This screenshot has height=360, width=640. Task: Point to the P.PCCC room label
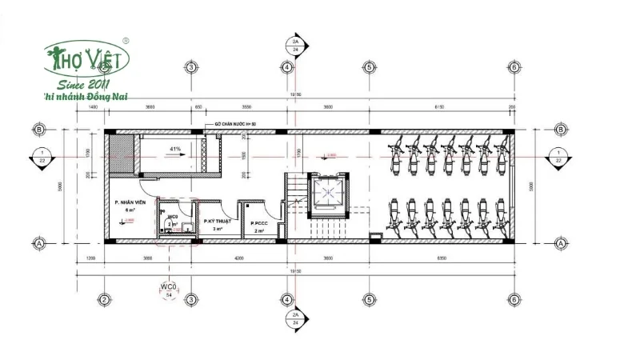click(x=258, y=223)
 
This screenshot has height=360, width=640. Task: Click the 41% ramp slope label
click(x=174, y=149)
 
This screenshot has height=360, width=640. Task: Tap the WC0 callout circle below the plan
click(x=168, y=289)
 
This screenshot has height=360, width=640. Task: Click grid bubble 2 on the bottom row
click(x=103, y=300)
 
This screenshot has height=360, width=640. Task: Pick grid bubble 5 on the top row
click(x=369, y=67)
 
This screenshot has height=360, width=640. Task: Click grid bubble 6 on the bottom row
click(x=513, y=300)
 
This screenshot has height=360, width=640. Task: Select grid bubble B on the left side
click(x=38, y=130)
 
